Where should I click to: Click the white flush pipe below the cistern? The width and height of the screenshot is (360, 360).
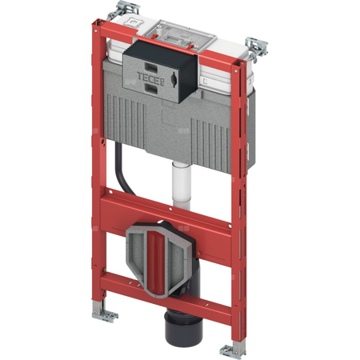[182, 186]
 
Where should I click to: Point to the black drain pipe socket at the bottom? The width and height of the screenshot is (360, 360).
[178, 328]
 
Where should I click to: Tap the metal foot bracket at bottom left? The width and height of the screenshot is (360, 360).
[105, 314]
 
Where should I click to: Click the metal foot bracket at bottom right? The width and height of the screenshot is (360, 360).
[233, 350]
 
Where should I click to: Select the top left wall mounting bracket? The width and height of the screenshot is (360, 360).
[124, 10]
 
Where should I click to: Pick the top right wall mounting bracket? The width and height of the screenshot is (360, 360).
[257, 50]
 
